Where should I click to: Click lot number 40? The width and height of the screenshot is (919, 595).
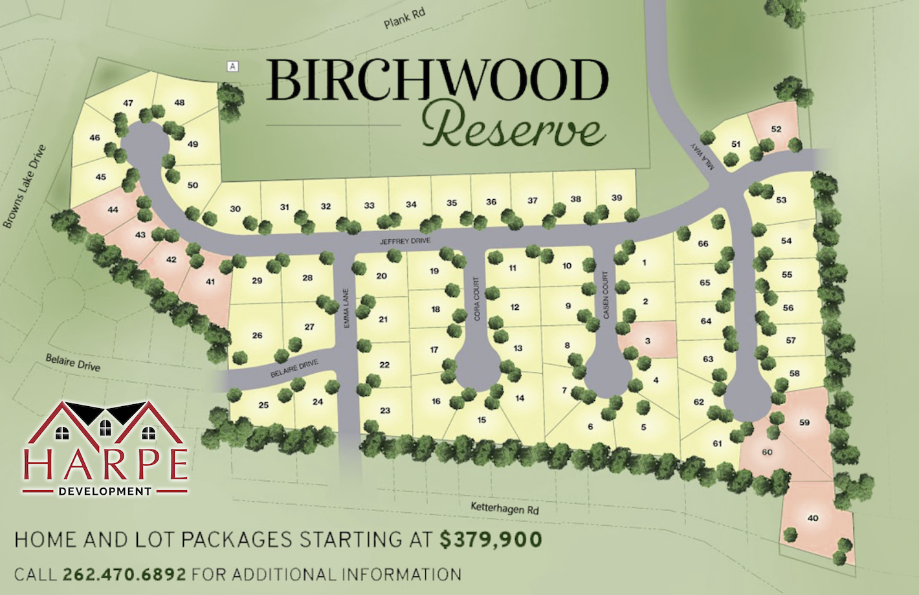click(813, 518)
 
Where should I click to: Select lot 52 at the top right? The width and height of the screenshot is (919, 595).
click(776, 129)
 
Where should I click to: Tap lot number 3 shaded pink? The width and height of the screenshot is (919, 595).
click(648, 341)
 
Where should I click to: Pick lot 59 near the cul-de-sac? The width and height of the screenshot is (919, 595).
click(804, 422)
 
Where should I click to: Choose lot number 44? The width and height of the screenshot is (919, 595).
click(113, 210)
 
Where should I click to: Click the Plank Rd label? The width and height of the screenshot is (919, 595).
click(404, 19)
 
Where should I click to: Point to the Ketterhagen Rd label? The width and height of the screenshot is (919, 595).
click(505, 508)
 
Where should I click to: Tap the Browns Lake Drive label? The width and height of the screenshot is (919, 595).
click(25, 187)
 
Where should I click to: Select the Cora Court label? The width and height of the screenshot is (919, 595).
click(477, 299)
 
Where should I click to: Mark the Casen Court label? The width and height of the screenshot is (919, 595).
click(606, 295)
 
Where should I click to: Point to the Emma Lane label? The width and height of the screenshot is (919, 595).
click(346, 307)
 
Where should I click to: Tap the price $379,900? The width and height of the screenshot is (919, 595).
click(491, 539)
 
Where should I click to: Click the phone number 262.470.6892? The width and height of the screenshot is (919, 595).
click(124, 574)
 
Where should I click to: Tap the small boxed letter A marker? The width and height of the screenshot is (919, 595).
click(232, 66)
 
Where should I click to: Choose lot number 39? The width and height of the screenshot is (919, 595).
click(617, 198)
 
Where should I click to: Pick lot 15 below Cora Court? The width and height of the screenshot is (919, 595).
click(482, 420)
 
